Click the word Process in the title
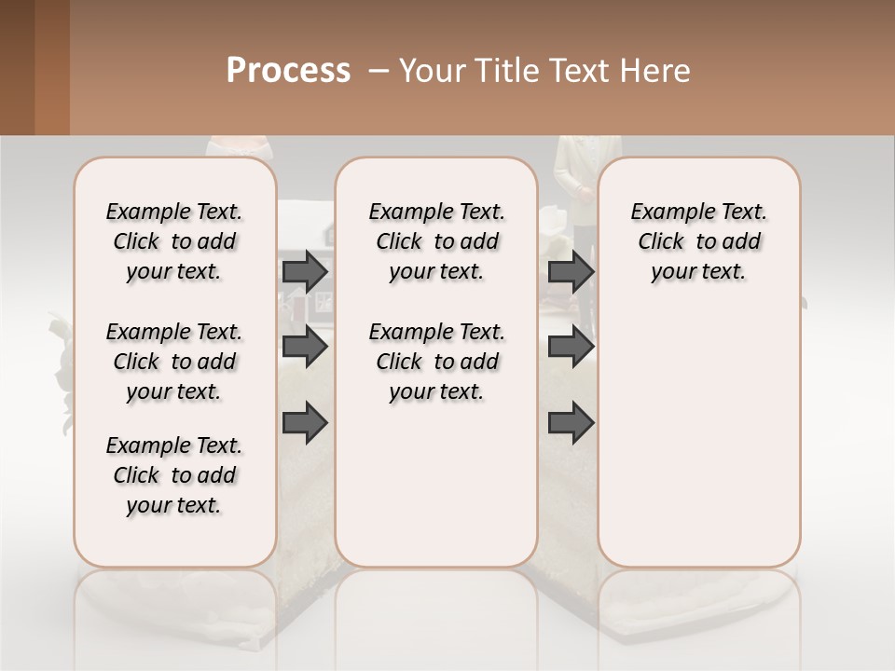pyautogui.click(x=288, y=71)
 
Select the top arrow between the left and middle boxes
pyautogui.click(x=305, y=271)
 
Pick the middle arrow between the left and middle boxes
pyautogui.click(x=305, y=347)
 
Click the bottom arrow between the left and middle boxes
pyautogui.click(x=305, y=422)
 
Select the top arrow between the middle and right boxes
pyautogui.click(x=571, y=271)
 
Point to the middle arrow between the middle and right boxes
pyautogui.click(x=571, y=347)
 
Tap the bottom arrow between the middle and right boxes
pyautogui.click(x=571, y=422)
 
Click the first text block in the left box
pyautogui.click(x=174, y=241)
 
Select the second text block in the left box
pyautogui.click(x=174, y=362)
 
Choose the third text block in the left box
pyautogui.click(x=174, y=475)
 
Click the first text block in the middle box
pyautogui.click(x=436, y=241)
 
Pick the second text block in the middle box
pyautogui.click(x=436, y=362)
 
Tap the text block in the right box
pyautogui.click(x=699, y=241)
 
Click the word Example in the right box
pyautogui.click(x=666, y=212)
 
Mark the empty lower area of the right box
pyautogui.click(x=699, y=447)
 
